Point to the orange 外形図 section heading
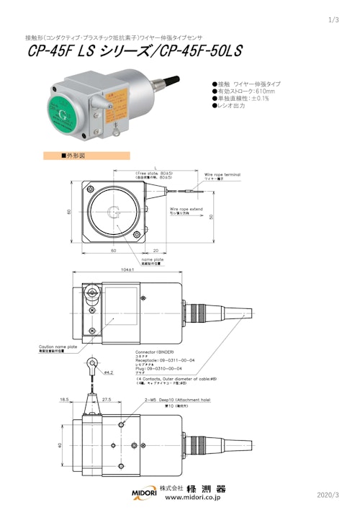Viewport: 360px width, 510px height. tap(86, 156)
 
